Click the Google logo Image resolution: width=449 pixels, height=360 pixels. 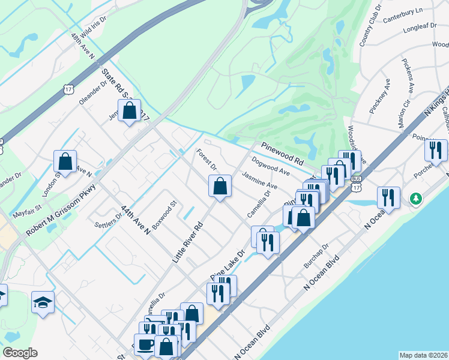20,353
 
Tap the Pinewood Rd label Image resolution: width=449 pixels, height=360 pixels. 282,154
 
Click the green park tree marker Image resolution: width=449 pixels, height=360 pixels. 415,197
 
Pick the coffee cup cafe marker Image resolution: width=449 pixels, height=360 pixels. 145,345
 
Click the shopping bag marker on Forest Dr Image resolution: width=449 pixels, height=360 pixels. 220,185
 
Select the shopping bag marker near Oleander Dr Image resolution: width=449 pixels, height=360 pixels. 129,110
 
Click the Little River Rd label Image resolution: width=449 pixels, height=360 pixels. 188,242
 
